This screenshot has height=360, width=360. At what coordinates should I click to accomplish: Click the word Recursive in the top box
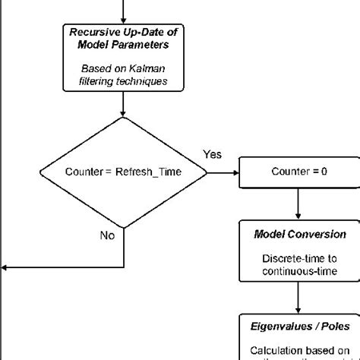click(x=94, y=33)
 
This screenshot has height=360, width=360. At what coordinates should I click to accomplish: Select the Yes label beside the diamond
click(x=212, y=154)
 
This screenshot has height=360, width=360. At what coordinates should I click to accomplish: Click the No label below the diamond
click(x=107, y=235)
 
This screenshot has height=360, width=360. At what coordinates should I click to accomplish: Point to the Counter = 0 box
click(x=299, y=172)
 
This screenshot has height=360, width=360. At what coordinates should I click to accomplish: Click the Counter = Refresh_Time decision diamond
click(x=122, y=172)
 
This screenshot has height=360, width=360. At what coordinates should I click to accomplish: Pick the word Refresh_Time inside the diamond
click(x=148, y=172)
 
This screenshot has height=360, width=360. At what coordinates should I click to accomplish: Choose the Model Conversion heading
click(x=299, y=235)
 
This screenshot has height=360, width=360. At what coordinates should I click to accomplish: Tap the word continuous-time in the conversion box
click(x=299, y=271)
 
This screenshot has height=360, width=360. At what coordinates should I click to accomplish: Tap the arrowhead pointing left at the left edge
click(x=5, y=268)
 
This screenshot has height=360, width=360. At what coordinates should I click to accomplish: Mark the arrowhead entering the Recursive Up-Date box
click(x=122, y=21)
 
